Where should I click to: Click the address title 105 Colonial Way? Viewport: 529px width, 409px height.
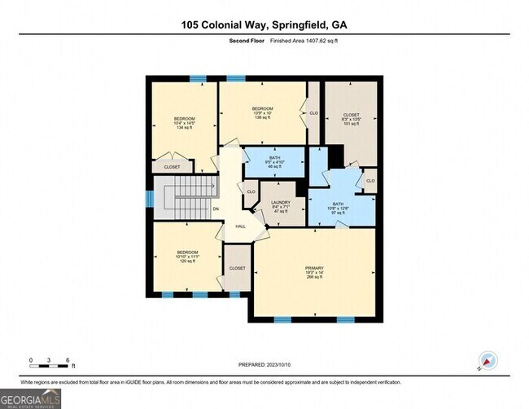point(264,24)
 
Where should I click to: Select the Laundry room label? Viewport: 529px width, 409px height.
point(279,204)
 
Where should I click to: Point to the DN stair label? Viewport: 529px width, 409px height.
point(216,209)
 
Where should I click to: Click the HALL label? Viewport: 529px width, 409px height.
point(241,226)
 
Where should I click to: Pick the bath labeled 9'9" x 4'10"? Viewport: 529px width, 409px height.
point(273,161)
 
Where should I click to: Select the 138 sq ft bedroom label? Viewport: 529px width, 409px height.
point(261,112)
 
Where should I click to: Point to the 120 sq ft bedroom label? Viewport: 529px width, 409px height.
point(188,257)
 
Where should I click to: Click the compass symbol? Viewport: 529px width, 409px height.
point(488,359)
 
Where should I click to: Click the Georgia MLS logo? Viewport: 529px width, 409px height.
point(31,398)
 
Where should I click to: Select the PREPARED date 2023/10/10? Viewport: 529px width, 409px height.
point(266,365)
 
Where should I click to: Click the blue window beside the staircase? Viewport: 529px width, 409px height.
point(148,198)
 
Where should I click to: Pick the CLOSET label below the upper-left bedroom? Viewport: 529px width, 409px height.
point(173,167)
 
